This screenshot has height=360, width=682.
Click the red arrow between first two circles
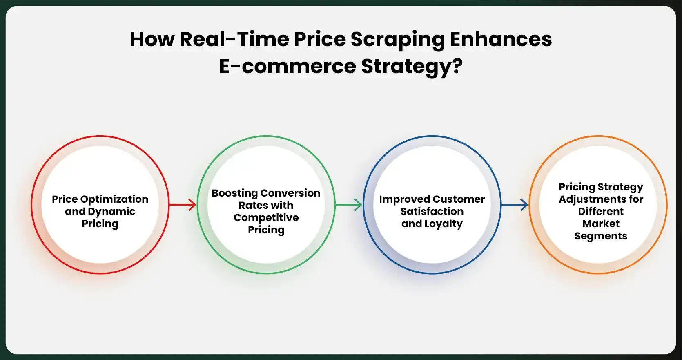[183, 205]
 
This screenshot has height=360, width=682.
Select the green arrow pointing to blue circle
[349, 205]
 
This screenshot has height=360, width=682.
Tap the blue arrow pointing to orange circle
[515, 205]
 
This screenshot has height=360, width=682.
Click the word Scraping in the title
[397, 40]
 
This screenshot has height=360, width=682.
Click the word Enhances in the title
[501, 39]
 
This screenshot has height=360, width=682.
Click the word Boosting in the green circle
[234, 193]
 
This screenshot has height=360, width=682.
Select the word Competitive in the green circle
[266, 218]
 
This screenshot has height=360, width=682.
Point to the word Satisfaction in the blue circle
[432, 211]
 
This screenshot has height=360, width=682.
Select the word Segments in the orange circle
[600, 236]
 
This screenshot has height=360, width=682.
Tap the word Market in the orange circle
[600, 224]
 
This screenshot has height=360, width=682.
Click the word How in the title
[152, 39]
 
